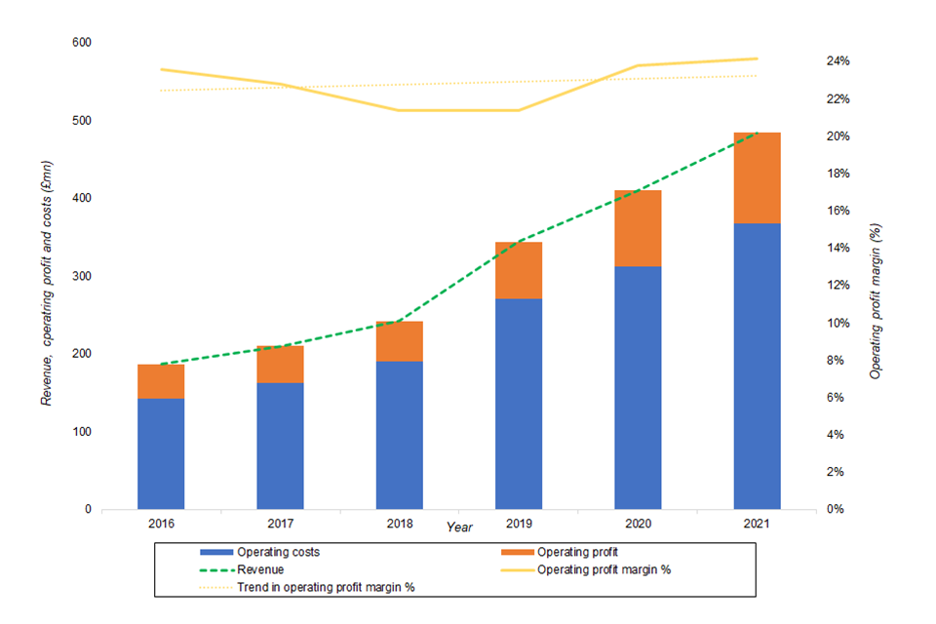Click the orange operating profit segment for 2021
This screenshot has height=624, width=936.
[757, 177]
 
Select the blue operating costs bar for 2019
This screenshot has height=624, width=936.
[519, 404]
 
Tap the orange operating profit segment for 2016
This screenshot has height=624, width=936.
[161, 381]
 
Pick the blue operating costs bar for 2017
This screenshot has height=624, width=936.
[280, 446]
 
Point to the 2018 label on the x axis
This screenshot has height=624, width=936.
[399, 524]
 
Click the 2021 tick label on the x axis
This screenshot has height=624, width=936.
[757, 524]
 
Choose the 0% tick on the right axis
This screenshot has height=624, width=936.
[835, 509]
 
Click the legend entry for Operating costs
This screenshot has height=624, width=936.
[278, 552]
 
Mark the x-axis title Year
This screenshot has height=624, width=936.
[459, 526]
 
